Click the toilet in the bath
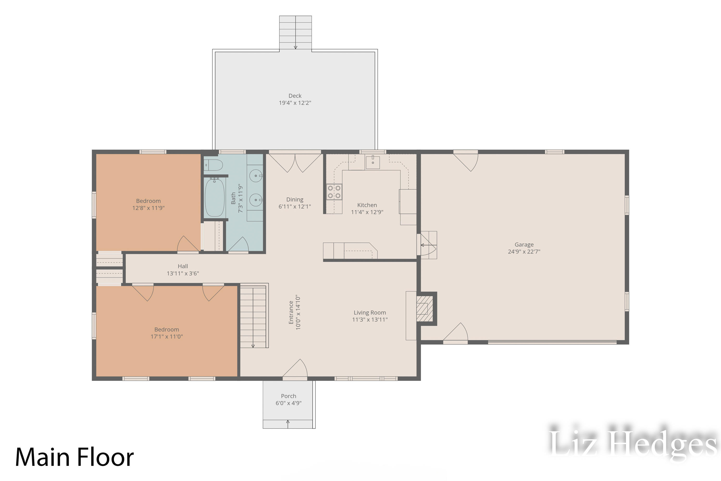(x=213, y=165)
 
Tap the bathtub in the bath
(x=215, y=197)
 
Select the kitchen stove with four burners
(x=334, y=192)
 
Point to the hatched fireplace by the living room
(x=425, y=308)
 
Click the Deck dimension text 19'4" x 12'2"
(x=295, y=103)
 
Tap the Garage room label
(x=524, y=245)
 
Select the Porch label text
(x=288, y=396)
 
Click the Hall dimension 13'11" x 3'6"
(x=183, y=273)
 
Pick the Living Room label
(x=370, y=313)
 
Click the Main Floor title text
(x=75, y=457)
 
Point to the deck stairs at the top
(x=296, y=32)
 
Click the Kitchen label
(x=367, y=205)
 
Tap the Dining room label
(x=295, y=199)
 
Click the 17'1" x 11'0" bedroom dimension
(x=167, y=336)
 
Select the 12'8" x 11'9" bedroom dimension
(x=148, y=208)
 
